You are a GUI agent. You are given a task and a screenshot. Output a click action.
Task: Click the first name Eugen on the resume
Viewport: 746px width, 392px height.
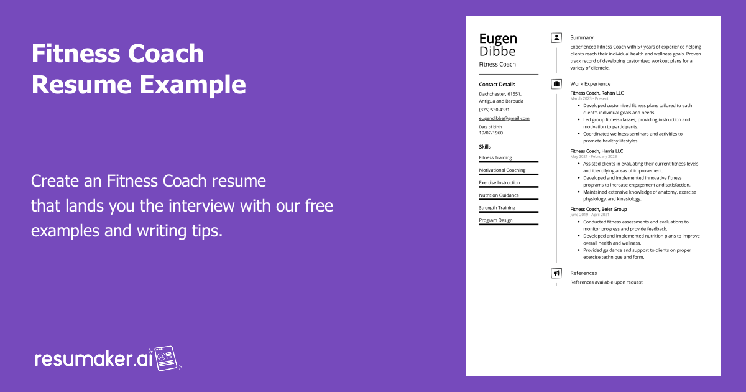click(x=498, y=39)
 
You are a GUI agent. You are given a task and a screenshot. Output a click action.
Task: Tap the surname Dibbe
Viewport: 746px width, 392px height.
click(x=497, y=51)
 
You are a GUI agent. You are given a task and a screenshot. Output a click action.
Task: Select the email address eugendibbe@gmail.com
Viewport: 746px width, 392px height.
click(x=504, y=118)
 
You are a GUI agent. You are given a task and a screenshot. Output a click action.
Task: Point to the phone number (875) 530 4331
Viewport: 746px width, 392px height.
click(x=494, y=110)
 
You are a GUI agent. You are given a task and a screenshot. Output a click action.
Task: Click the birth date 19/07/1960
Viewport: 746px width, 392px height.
click(x=491, y=133)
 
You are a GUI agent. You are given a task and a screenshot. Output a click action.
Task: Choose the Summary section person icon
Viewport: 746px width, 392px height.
click(x=556, y=38)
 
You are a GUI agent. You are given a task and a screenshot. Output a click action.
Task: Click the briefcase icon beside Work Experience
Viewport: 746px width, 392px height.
click(x=556, y=84)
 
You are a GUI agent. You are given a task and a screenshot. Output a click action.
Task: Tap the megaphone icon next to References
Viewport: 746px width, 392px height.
click(x=556, y=273)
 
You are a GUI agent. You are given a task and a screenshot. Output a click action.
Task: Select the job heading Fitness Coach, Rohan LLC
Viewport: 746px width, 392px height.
click(x=597, y=93)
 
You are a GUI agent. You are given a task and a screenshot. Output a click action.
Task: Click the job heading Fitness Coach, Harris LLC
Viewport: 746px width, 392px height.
click(x=596, y=151)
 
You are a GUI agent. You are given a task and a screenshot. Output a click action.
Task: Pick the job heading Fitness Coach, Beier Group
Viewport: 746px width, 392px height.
click(x=599, y=210)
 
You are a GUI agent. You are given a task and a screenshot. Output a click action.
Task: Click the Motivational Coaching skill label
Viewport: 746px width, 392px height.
click(x=502, y=170)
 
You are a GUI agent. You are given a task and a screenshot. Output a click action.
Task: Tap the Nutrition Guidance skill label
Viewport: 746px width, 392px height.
click(x=499, y=195)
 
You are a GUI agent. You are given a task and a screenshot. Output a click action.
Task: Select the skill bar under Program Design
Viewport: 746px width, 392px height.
click(x=509, y=225)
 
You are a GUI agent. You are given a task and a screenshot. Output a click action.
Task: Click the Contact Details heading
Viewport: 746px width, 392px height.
click(x=497, y=85)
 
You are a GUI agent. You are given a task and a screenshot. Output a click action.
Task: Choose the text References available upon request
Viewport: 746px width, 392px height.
click(x=606, y=282)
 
